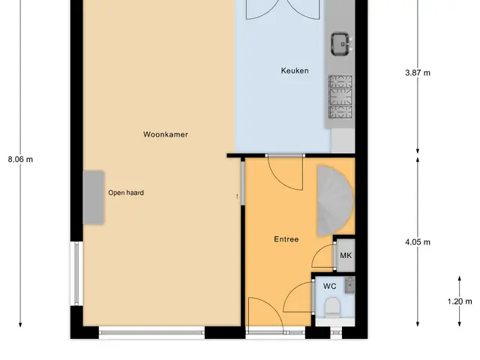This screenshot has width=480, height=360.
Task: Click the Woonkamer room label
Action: [x=166, y=134]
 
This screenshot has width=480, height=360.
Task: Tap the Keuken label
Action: [x=295, y=70]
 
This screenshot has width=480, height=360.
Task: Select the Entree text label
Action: [x=286, y=239]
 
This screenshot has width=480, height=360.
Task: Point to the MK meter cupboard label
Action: [x=346, y=255]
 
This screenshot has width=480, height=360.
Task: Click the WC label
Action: [x=330, y=286]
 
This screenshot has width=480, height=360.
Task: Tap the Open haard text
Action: [x=126, y=193]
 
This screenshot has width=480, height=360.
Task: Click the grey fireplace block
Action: [x=94, y=197]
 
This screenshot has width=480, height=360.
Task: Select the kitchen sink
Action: [x=340, y=44]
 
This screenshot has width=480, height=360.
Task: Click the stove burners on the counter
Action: [x=340, y=97]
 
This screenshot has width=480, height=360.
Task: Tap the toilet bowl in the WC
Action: [x=332, y=307]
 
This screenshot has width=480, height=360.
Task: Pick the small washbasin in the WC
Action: [x=350, y=285]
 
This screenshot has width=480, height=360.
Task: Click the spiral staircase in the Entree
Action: [x=335, y=201]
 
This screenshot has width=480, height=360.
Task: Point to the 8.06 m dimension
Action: [x=20, y=160]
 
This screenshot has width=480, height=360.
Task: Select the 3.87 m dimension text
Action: [x=418, y=73]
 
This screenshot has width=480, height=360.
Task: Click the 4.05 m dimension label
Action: [x=418, y=242]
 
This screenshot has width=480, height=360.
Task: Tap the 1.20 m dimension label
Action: [x=460, y=301]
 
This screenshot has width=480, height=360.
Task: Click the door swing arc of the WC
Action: [x=291, y=291]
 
